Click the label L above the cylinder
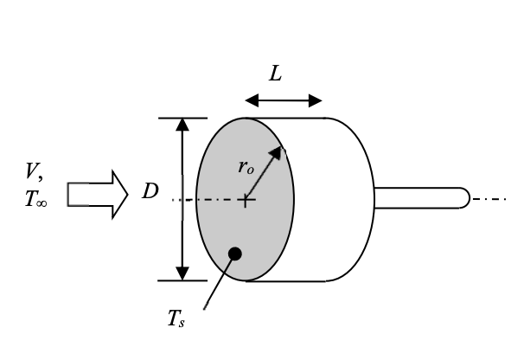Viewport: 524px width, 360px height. (275, 74)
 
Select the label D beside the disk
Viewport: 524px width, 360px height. (150, 191)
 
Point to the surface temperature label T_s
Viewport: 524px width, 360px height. (177, 320)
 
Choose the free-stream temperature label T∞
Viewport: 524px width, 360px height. (37, 199)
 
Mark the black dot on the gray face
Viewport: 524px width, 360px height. (234, 254)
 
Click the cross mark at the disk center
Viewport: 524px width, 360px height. (246, 201)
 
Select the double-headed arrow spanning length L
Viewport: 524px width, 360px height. (284, 100)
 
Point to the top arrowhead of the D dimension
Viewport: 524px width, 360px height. (182, 124)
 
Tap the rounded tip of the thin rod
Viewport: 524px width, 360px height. (464, 198)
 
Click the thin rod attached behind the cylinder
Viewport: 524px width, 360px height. (419, 198)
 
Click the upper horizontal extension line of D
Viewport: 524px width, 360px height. (182, 118)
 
